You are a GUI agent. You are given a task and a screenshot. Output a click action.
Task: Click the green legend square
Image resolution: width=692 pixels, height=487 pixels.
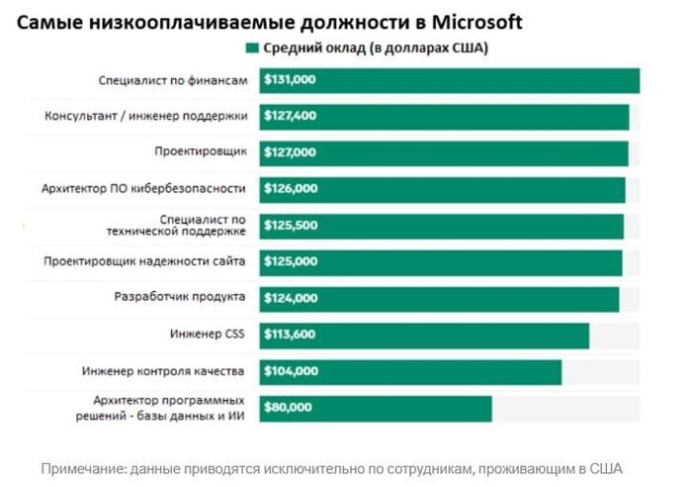252,48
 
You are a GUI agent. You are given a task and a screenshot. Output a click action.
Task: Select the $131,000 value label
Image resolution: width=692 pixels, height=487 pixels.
291,80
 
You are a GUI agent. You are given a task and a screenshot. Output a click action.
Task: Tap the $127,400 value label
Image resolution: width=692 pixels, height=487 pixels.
291,116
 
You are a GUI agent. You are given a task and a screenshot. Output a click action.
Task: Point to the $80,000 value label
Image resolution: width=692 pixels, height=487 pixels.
288,407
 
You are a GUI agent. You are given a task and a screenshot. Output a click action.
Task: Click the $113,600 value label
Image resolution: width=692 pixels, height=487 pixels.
291,335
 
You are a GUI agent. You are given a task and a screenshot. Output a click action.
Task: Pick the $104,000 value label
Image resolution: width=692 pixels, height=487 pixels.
291,371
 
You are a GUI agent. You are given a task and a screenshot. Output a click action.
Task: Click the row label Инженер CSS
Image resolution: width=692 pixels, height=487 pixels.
214,335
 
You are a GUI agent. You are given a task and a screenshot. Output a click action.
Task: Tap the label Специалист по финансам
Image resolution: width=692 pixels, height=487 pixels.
172,80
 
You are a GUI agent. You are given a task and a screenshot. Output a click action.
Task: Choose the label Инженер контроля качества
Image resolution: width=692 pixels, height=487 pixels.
162,371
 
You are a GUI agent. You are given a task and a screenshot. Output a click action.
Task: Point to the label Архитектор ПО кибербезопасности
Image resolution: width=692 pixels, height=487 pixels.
144,188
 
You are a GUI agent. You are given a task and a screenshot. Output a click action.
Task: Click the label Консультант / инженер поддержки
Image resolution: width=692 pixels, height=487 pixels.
146,116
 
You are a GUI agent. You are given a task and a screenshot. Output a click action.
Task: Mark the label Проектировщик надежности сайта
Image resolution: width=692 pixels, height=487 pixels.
145,261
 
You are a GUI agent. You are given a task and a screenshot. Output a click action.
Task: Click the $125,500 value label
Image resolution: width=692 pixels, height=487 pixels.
291,225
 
